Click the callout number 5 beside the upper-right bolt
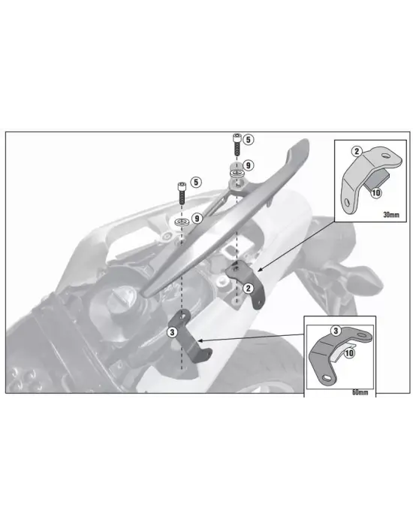pyautogui.click(x=249, y=140)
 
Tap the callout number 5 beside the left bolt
pyautogui.click(x=194, y=182)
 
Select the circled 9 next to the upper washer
pyautogui.click(x=249, y=165)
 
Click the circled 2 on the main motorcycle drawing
pyautogui.click(x=247, y=287)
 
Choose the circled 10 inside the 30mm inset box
pyautogui.click(x=375, y=192)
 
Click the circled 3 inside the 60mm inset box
pyautogui.click(x=336, y=330)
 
